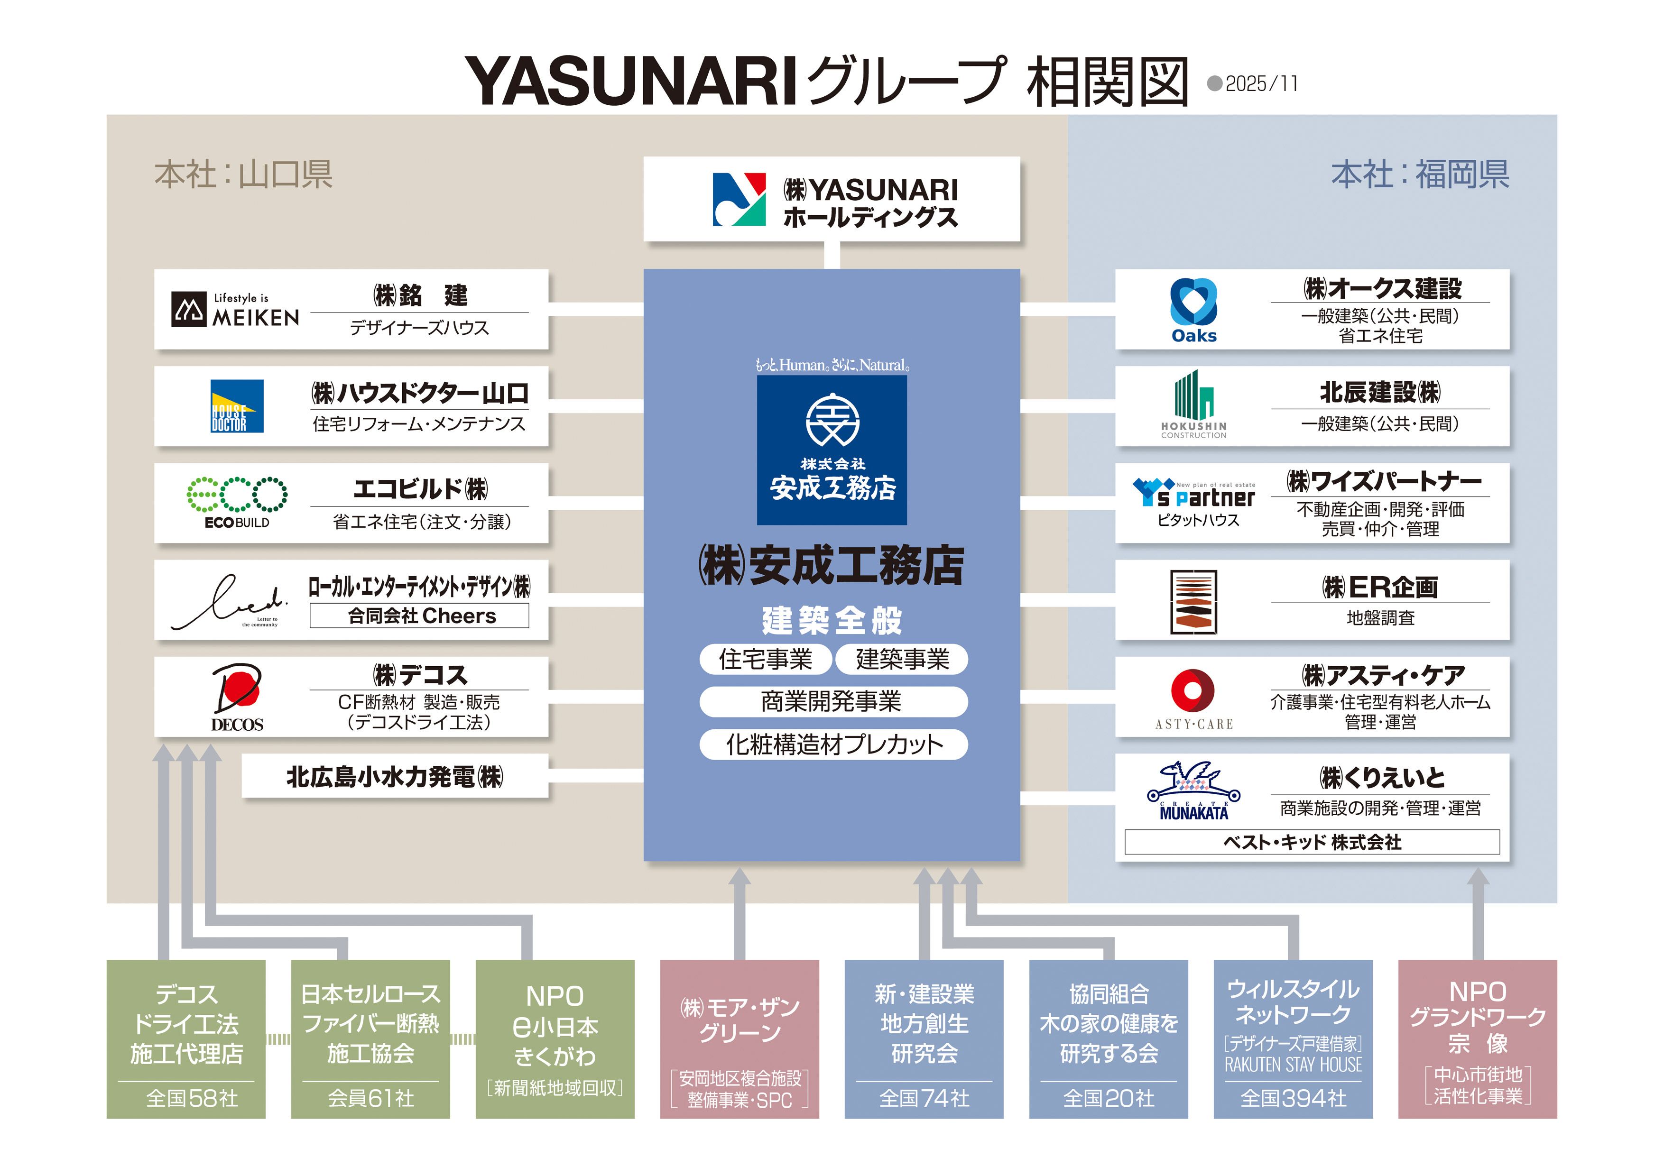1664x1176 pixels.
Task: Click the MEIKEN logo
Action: tap(235, 309)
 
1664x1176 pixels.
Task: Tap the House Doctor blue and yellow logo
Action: tap(237, 406)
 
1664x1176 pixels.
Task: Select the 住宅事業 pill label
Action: tap(765, 660)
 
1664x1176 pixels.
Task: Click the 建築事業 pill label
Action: tap(902, 660)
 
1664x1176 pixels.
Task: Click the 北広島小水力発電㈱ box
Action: tap(395, 777)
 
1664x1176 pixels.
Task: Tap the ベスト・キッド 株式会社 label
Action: tap(1312, 842)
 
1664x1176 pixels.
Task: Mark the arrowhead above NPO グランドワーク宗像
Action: tap(1478, 878)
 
